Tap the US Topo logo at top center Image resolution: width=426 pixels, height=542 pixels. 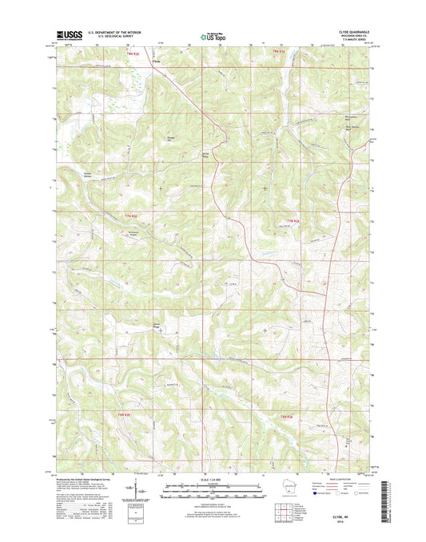[x=213, y=35]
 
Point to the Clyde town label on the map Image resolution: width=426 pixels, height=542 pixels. [x=157, y=65]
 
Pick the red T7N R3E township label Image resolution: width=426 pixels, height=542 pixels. [x=293, y=220]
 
